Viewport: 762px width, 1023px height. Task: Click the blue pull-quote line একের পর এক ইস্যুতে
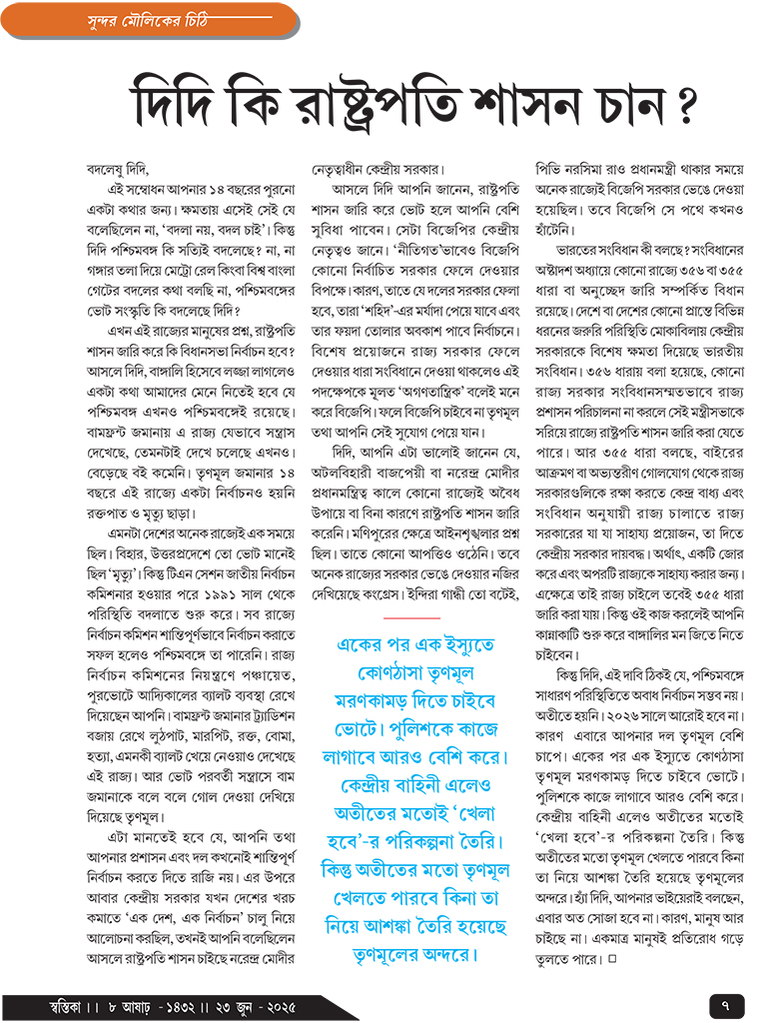point(411,642)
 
